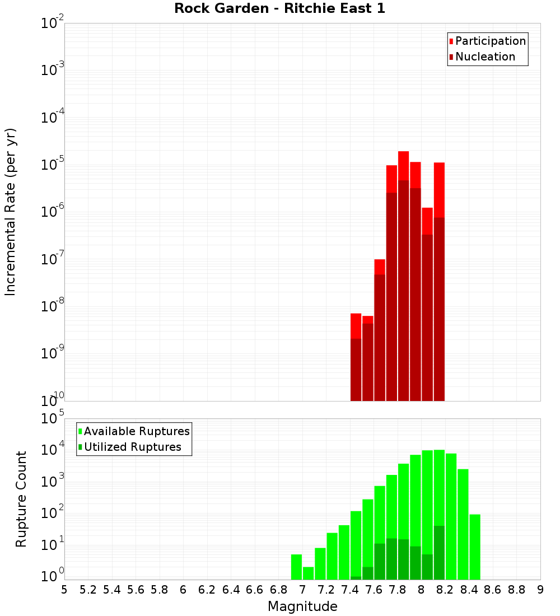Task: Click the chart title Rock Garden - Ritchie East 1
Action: click(279, 8)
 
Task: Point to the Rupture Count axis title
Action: click(21, 499)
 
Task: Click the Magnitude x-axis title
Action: click(302, 606)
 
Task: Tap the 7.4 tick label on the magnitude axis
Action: click(350, 590)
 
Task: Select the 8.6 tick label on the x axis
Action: click(493, 590)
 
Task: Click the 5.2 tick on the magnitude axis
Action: click(88, 590)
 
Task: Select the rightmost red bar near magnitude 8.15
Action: click(439, 190)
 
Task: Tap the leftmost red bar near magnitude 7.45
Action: click(356, 326)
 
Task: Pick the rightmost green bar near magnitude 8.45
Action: click(475, 547)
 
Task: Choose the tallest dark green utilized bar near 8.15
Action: click(439, 552)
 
